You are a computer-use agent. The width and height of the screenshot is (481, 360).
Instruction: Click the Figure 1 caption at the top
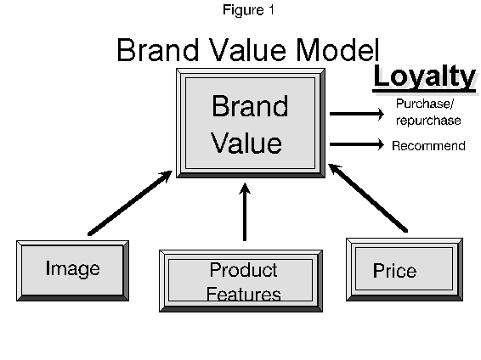(x=248, y=10)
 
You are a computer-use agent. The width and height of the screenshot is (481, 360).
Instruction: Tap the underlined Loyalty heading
(x=424, y=76)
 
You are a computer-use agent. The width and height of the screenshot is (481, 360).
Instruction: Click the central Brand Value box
(x=249, y=124)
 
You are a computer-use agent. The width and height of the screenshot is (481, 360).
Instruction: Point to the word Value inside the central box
(x=246, y=143)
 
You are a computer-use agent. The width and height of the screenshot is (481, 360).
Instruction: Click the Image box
(x=72, y=269)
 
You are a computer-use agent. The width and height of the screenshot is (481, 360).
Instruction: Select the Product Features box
(x=243, y=282)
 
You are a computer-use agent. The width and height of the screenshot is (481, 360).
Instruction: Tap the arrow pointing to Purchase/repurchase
(x=356, y=112)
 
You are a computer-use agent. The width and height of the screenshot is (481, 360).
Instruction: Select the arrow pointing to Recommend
(x=356, y=145)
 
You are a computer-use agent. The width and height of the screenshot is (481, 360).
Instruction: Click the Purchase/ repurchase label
(x=427, y=112)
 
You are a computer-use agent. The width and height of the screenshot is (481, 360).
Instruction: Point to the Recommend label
(x=428, y=146)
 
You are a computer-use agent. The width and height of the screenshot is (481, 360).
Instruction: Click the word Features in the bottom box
(x=244, y=295)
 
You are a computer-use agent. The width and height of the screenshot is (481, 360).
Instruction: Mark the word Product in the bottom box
(x=243, y=271)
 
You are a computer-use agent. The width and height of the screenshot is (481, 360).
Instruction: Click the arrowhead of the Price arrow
(x=334, y=170)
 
